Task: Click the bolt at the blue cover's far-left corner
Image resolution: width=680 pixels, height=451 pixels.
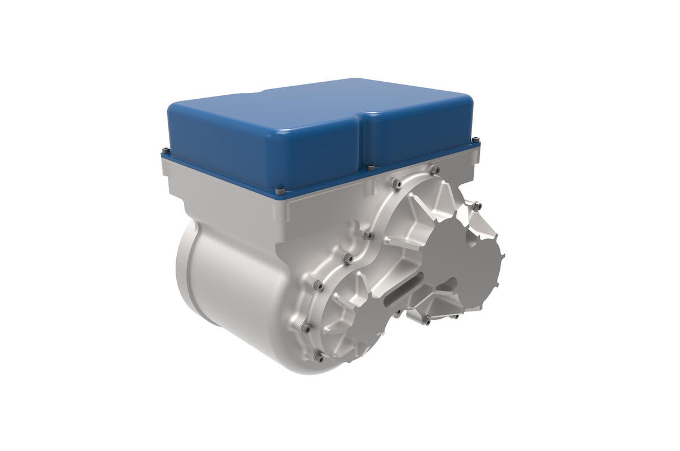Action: [x=165, y=150]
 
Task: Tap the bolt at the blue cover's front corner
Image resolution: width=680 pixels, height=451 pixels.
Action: [x=279, y=191]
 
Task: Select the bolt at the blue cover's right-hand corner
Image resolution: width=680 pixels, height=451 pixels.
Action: [x=475, y=139]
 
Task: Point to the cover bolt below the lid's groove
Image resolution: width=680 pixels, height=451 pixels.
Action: [x=370, y=167]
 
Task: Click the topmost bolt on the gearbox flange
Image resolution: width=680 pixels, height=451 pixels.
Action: [x=435, y=169]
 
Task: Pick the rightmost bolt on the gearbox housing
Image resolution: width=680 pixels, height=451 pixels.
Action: [x=477, y=206]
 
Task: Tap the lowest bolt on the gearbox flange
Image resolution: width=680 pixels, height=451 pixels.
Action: [x=318, y=357]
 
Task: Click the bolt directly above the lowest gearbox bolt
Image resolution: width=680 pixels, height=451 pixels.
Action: [x=305, y=328]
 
